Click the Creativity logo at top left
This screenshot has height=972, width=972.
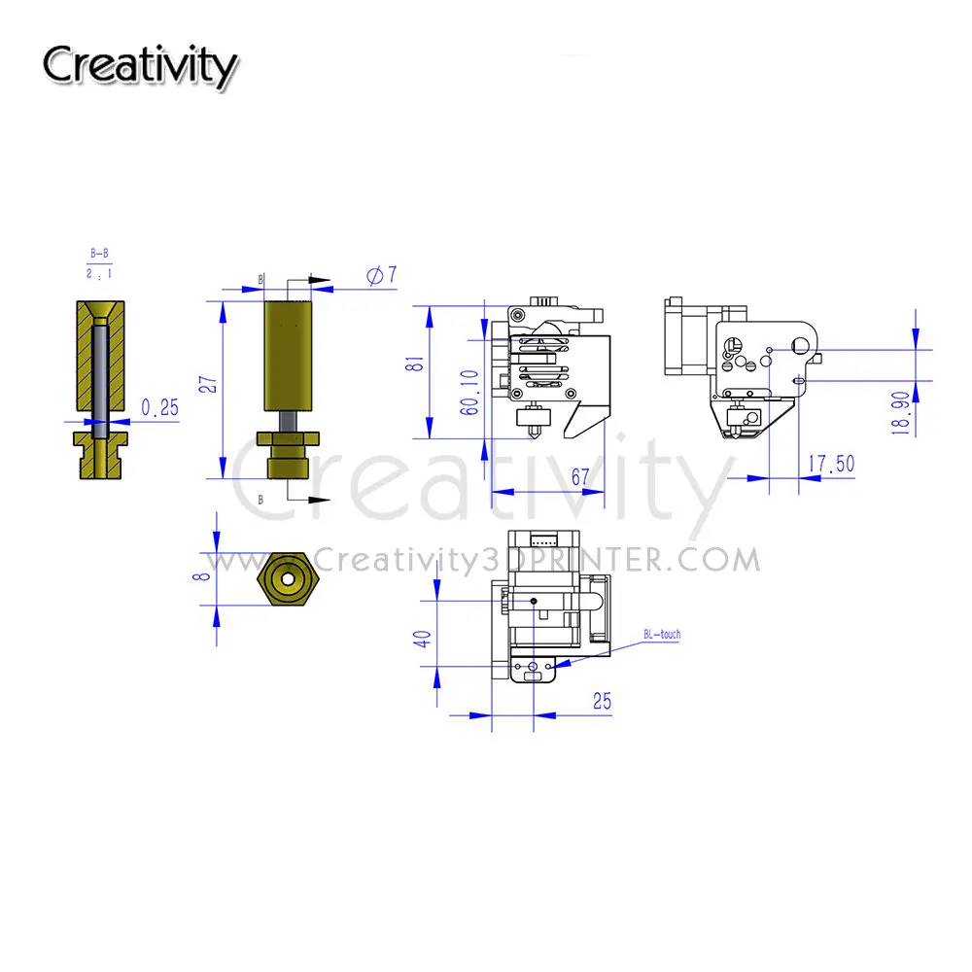140,66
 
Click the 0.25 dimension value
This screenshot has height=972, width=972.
160,407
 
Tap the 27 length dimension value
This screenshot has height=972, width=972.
209,384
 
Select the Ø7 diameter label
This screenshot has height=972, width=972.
381,275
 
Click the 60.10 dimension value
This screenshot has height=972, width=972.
469,392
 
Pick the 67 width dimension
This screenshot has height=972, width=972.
580,476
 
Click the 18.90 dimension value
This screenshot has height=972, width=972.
901,413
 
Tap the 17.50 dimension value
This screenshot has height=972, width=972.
831,464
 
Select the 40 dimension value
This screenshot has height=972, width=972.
423,639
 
